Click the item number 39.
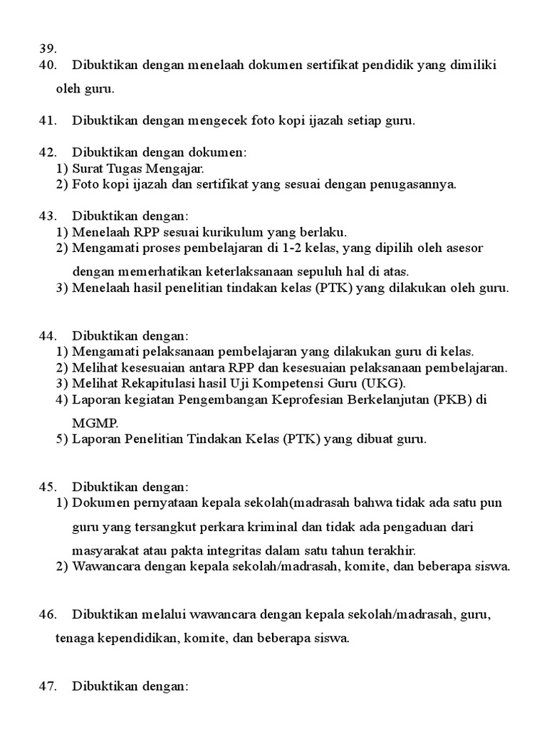click(x=47, y=48)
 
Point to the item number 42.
click(x=47, y=152)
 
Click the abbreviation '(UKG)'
click(x=384, y=384)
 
